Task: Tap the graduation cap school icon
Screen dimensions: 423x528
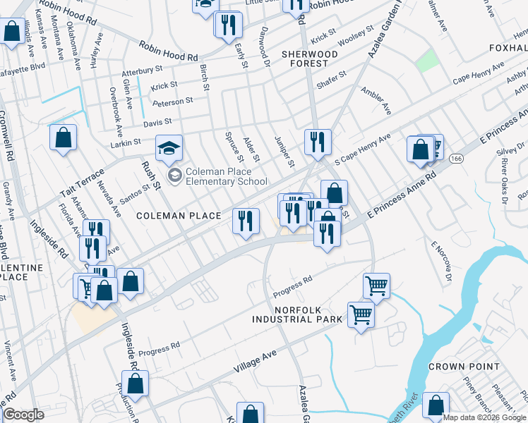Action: coord(169,148)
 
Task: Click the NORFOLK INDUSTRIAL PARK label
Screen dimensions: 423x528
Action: coord(298,314)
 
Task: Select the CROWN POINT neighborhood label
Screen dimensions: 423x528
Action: coord(463,367)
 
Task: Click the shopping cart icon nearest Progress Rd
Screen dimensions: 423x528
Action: coord(377,286)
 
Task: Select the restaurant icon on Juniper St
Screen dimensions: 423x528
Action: coord(318,142)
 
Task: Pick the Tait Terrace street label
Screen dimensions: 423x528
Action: coord(82,182)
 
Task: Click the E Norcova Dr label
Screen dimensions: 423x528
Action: coord(441,262)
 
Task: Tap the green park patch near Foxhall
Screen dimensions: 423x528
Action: coord(426,61)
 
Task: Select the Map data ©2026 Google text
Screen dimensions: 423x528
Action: coord(484,417)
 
